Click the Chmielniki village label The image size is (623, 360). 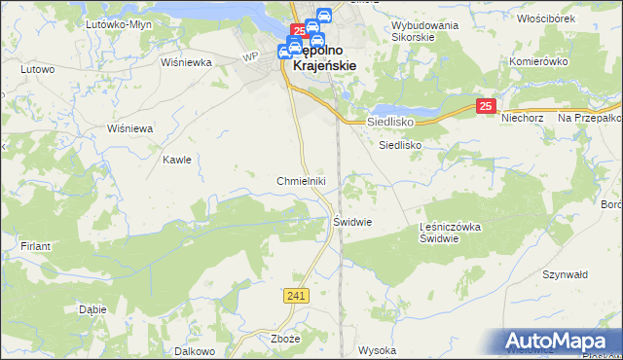tap(307, 181)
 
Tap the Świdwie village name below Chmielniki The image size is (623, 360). tap(353, 221)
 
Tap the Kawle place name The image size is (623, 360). tap(176, 160)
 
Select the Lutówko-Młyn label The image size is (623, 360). tap(113, 23)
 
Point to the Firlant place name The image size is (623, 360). tap(35, 246)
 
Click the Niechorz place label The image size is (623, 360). tap(521, 119)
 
